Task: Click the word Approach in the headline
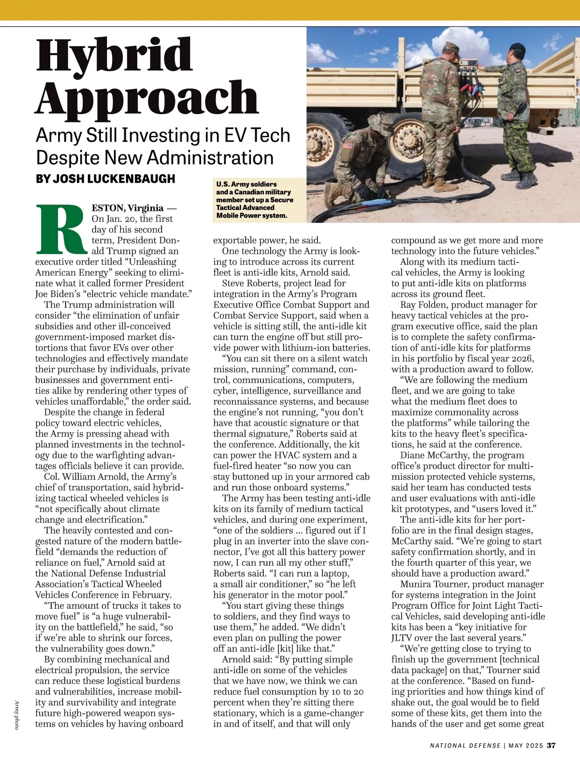[x=147, y=97]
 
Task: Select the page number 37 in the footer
[x=551, y=745]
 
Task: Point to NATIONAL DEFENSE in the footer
[x=465, y=745]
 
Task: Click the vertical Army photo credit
[x=15, y=715]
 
